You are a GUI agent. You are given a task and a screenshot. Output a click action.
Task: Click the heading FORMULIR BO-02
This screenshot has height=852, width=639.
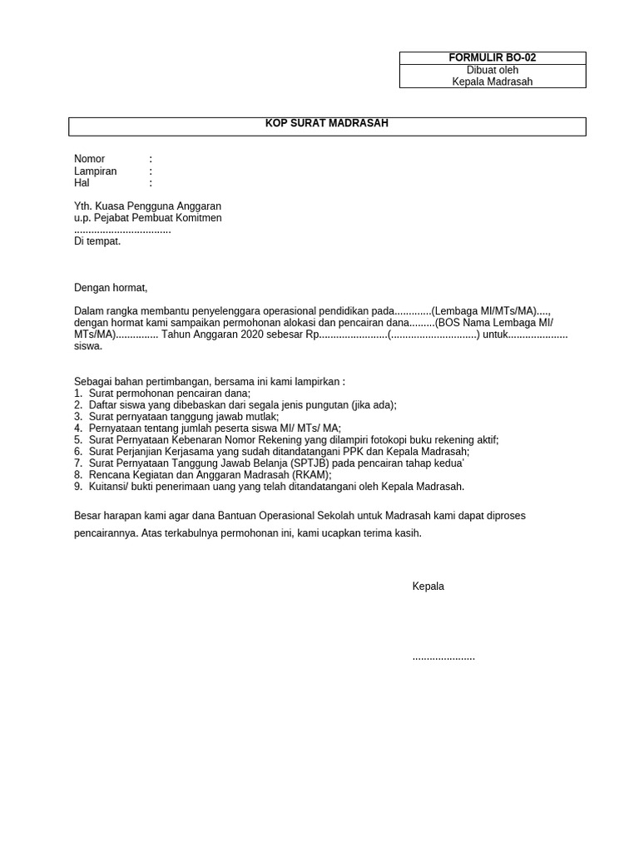493,58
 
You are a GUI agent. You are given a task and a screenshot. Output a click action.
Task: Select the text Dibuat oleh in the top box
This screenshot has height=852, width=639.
493,70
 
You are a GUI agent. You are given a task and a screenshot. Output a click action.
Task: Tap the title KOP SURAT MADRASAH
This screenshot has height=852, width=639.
327,124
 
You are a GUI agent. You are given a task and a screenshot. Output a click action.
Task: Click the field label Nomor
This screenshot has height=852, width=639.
89,159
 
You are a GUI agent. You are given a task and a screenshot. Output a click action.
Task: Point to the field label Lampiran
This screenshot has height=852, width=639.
95,171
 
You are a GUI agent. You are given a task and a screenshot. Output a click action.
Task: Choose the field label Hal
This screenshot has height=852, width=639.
82,183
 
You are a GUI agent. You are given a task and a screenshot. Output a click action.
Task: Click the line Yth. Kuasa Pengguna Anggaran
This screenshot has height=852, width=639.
147,206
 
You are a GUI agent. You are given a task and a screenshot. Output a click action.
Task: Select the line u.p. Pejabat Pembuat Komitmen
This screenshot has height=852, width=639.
147,218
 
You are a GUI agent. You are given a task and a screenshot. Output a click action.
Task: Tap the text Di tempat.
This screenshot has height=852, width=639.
97,241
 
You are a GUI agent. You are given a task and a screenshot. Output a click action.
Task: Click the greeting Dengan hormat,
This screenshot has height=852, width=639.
110,288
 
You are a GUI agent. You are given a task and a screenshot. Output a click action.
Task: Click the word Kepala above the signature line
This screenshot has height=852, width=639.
428,587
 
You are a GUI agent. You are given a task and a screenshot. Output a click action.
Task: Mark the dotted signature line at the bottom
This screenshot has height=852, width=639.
443,657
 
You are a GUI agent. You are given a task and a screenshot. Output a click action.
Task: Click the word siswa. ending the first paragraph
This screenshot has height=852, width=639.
88,346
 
